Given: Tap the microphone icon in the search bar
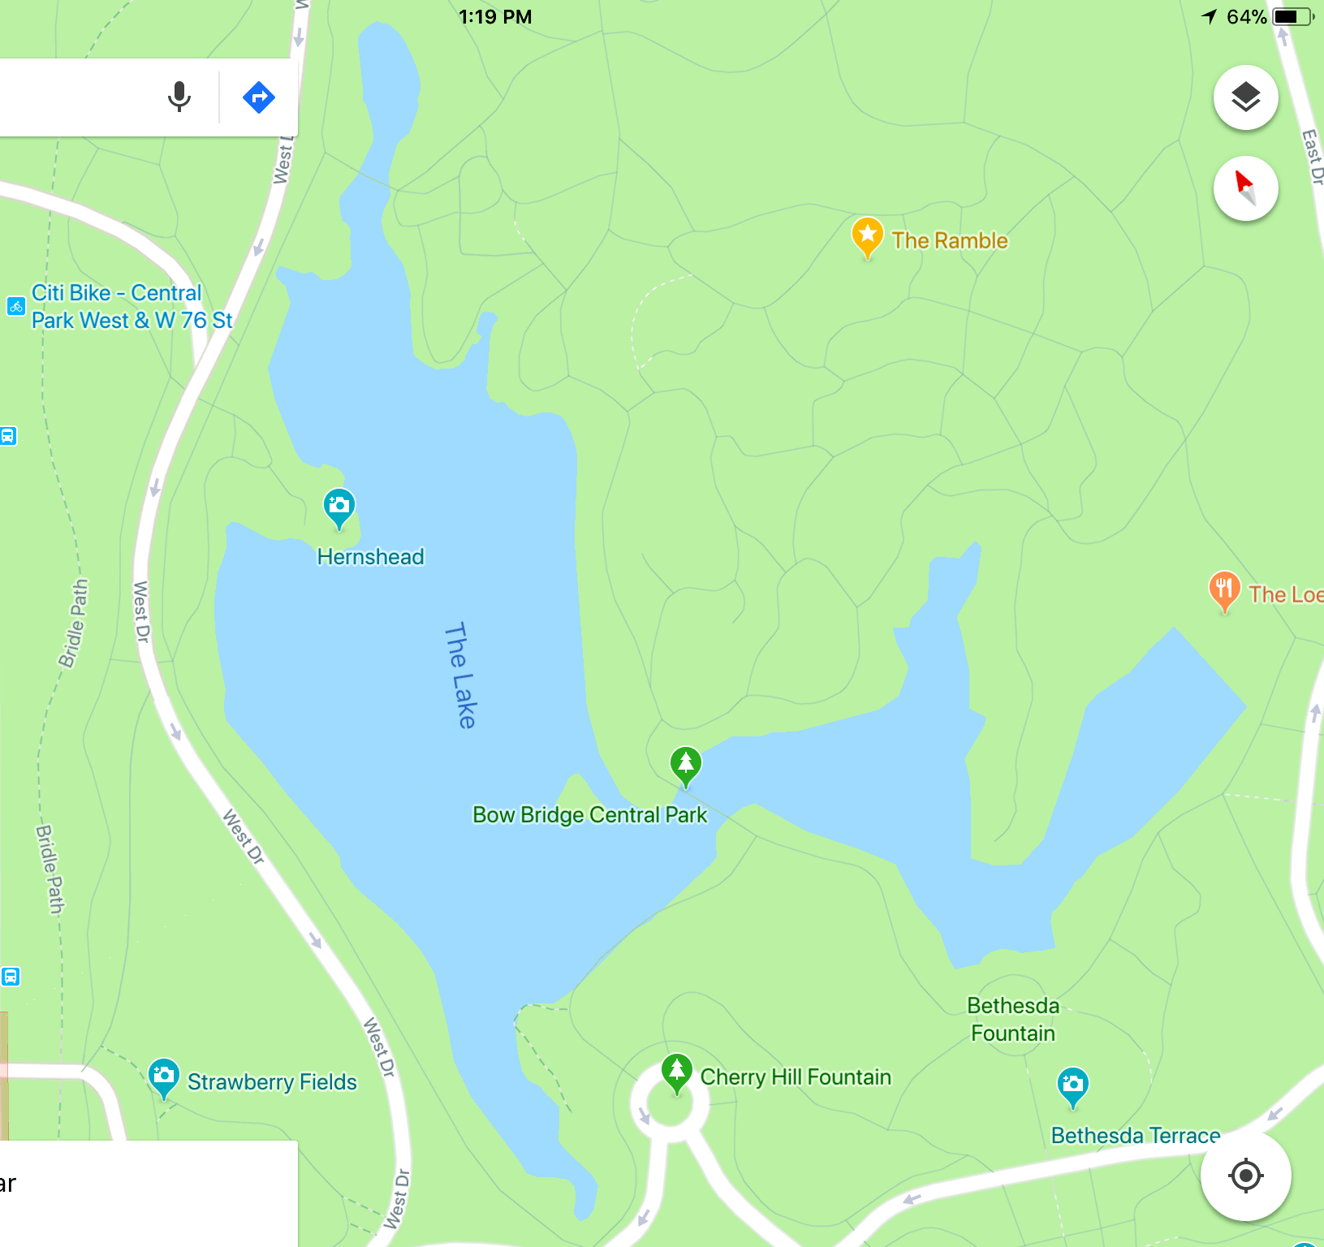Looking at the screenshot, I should pyautogui.click(x=179, y=97).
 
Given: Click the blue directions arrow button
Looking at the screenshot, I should pyautogui.click(x=259, y=97).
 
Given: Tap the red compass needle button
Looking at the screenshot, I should pyautogui.click(x=1245, y=188).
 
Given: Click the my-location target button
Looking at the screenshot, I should pyautogui.click(x=1245, y=1175).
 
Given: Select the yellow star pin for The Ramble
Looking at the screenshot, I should pyautogui.click(x=867, y=235).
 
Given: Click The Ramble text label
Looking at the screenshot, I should pyautogui.click(x=950, y=240).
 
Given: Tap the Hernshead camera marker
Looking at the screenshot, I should pyautogui.click(x=339, y=507).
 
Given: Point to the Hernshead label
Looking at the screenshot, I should pyautogui.click(x=370, y=557).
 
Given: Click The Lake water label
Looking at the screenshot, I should pyautogui.click(x=461, y=675).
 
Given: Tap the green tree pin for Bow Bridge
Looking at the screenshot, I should pyautogui.click(x=686, y=765).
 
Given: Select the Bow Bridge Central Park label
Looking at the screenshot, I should pyautogui.click(x=589, y=815).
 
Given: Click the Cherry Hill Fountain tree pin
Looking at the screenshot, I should pyautogui.click(x=676, y=1072).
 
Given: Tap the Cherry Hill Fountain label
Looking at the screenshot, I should pyautogui.click(x=796, y=1077).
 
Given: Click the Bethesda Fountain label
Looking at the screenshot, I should pyautogui.click(x=1013, y=1020).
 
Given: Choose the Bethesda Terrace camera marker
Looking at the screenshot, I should pyautogui.click(x=1072, y=1085).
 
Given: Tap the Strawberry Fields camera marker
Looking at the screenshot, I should pyautogui.click(x=164, y=1077).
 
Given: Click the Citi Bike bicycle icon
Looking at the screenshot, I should pyautogui.click(x=16, y=306).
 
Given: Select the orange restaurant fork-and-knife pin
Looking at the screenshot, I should pyautogui.click(x=1224, y=589).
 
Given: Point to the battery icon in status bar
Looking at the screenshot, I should pyautogui.click(x=1292, y=16).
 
